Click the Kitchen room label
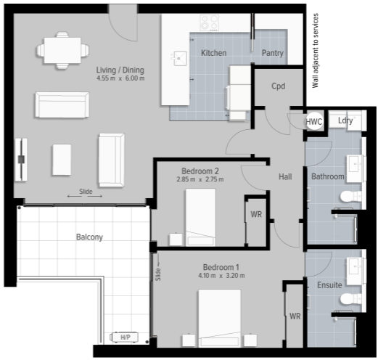[x=214, y=53]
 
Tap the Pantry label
[x=273, y=53]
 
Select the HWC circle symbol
[x=314, y=121]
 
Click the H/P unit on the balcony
[x=124, y=337]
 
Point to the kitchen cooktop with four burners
[x=210, y=22]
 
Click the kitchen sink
[x=179, y=58]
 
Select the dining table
[x=62, y=50]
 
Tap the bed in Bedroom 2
[x=200, y=217]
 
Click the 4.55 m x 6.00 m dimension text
[x=120, y=78]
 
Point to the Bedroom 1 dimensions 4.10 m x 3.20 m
[x=221, y=276]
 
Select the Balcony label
[x=89, y=237]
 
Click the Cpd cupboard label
[x=279, y=86]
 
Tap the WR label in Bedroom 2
[x=256, y=214]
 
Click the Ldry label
[x=345, y=120]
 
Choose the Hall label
[x=285, y=177]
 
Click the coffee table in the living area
[x=62, y=160]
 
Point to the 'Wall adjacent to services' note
[x=315, y=51]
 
